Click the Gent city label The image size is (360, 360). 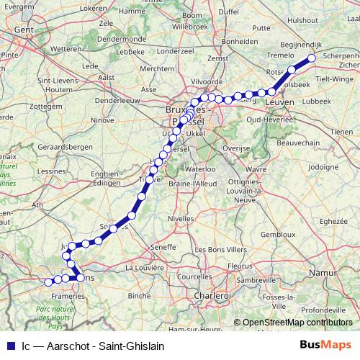(x=24, y=30)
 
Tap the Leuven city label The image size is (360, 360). (x=280, y=104)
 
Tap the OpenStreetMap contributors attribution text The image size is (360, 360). (x=297, y=323)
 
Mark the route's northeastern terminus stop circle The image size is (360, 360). (x=312, y=59)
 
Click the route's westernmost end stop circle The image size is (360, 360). (x=49, y=282)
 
